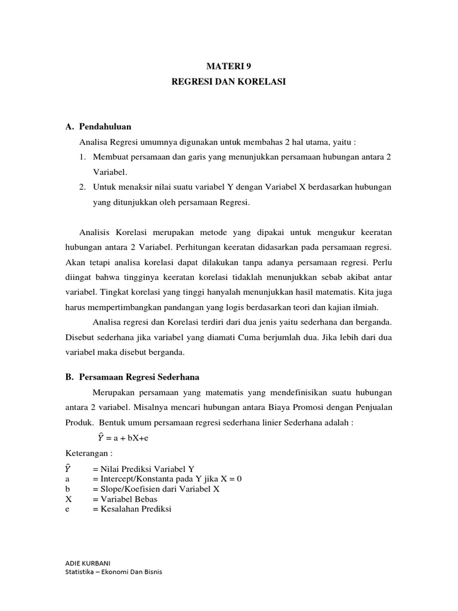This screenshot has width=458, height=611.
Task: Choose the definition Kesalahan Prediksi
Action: (x=132, y=509)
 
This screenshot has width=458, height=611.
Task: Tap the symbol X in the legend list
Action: (x=69, y=499)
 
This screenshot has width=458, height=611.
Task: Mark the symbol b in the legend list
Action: (x=67, y=489)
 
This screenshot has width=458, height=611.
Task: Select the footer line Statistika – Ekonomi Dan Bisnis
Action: (x=113, y=572)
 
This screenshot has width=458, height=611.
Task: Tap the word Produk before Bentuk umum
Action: (x=76, y=422)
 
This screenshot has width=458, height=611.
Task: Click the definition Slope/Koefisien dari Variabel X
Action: (x=156, y=489)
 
